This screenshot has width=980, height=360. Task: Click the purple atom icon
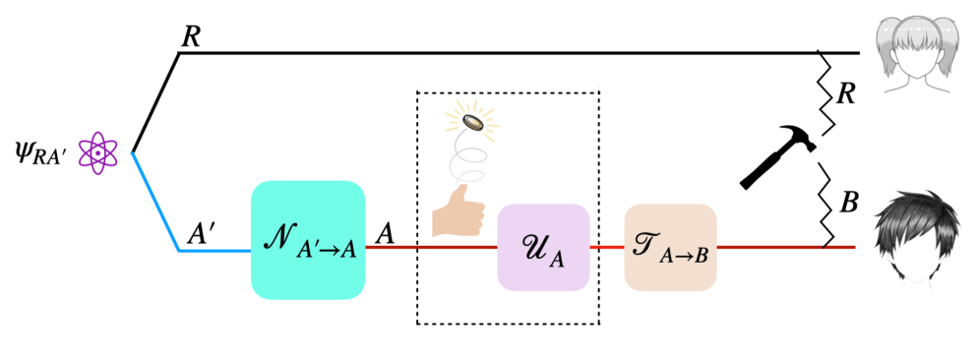click(98, 153)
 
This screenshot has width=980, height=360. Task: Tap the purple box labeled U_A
click(542, 248)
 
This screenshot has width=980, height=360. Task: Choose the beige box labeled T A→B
click(670, 248)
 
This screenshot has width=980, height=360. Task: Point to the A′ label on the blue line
click(200, 234)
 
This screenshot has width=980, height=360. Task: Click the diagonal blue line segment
click(154, 202)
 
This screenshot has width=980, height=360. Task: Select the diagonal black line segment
click(154, 103)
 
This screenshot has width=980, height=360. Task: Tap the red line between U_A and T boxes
click(606, 249)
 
